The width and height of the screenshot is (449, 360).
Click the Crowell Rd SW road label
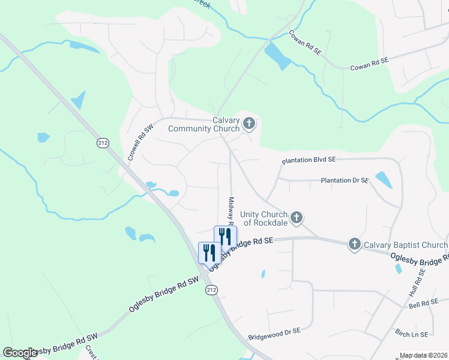click(142, 142)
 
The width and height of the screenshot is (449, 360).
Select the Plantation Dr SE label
click(344, 180)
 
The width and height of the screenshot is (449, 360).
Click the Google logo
click(20, 353)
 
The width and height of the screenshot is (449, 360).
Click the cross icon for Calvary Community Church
click(249, 124)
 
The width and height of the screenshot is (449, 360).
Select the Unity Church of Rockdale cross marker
click(296, 218)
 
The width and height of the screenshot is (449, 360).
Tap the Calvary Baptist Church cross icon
click(355, 244)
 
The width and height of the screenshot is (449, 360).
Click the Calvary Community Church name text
click(204, 124)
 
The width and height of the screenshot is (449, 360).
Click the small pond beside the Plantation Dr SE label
click(382, 179)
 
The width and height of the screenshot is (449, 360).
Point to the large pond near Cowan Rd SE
click(277, 56)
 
